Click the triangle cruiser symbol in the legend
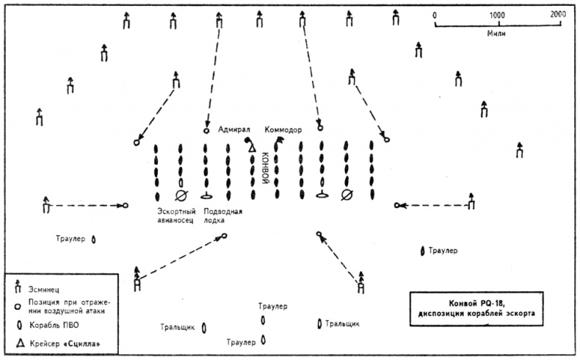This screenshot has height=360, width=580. (17, 342)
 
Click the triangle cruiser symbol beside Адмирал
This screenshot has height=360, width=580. (251, 149)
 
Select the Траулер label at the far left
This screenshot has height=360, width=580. (70, 239)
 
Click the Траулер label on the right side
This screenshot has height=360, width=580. (443, 251)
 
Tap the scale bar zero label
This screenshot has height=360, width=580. (435, 15)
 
